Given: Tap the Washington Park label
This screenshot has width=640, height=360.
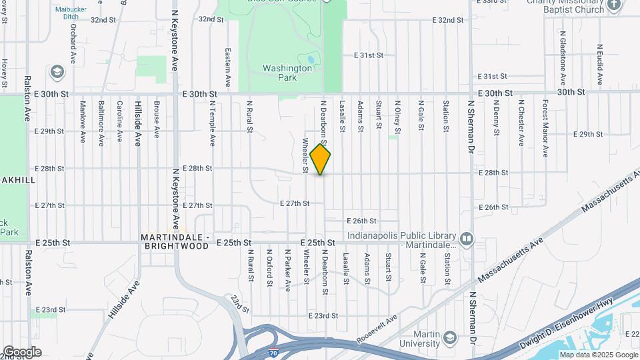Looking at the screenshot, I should pos(287,72).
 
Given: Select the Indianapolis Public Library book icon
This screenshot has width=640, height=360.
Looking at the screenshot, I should pos(467,238).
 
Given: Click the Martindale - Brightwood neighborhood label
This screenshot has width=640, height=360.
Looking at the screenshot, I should pos(176,242).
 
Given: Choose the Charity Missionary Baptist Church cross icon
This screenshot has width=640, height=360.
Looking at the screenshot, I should pos(615,7).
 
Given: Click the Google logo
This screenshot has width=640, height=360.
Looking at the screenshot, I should pos(22,351).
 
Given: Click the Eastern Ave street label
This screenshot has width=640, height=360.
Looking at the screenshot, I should pos(228,67).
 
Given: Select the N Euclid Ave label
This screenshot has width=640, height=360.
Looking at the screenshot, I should pos(599,65).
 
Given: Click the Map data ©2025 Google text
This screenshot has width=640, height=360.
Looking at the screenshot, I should pos(599,355).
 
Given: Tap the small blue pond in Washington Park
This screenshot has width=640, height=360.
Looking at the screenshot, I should pos(310,59).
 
